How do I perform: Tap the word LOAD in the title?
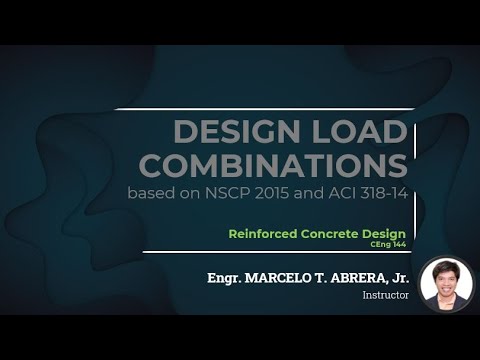coord(359,131)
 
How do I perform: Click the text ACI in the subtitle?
coord(363,193)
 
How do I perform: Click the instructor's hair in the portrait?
coord(447,266)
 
